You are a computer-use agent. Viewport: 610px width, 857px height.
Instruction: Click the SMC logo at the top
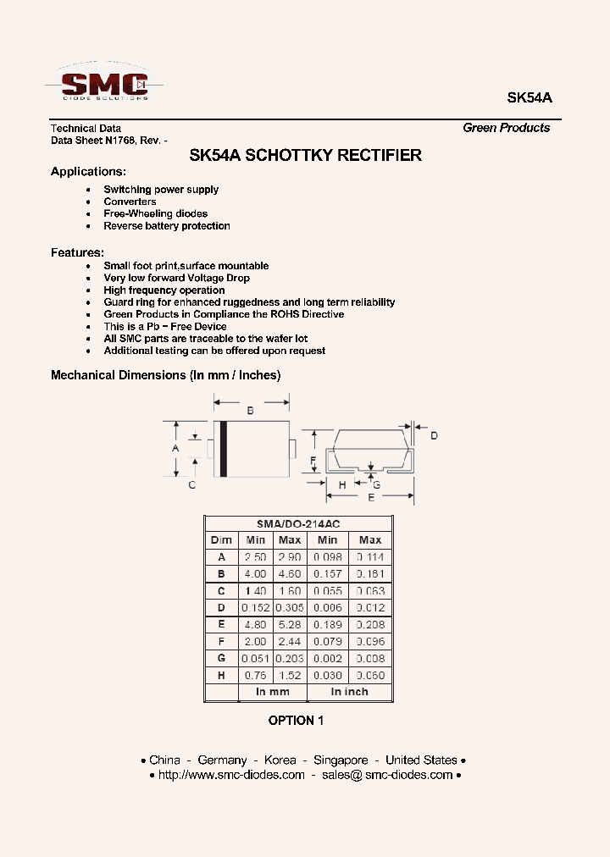[x=104, y=83]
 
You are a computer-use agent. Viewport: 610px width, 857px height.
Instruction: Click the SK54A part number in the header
[x=529, y=97]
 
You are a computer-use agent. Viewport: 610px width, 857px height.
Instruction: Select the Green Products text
[x=506, y=128]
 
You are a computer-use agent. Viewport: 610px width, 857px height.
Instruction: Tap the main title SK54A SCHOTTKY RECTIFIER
[x=305, y=155]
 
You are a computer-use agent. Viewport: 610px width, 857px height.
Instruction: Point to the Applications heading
[x=88, y=171]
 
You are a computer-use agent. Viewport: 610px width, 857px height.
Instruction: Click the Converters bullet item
[x=130, y=202]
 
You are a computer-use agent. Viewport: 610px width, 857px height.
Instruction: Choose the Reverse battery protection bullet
[x=167, y=226]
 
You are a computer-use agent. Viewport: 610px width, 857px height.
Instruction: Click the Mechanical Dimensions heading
[x=165, y=374]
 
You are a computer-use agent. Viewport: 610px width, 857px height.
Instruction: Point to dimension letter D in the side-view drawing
[x=434, y=435]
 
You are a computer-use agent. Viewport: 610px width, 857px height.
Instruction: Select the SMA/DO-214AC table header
[x=297, y=524]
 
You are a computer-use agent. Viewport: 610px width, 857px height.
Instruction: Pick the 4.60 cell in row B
[x=290, y=574]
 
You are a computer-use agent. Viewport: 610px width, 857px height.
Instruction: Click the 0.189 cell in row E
[x=327, y=625]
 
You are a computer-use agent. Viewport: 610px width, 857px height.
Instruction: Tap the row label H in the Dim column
[x=221, y=675]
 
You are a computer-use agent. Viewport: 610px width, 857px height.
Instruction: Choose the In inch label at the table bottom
[x=349, y=692]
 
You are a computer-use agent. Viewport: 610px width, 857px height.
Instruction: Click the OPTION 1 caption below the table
[x=297, y=721]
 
